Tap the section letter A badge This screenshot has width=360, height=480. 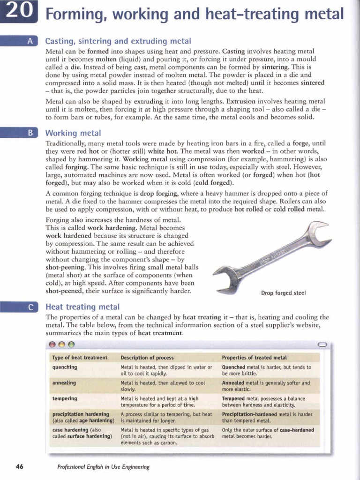tap(30, 41)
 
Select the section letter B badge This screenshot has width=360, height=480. tap(30, 133)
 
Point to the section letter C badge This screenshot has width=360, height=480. tap(30, 307)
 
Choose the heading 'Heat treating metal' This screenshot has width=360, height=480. tap(82, 307)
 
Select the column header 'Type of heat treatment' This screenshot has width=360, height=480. tap(80, 357)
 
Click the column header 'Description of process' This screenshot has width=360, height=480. tap(147, 357)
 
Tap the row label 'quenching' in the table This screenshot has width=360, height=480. tap(65, 367)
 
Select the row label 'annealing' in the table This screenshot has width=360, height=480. tap(64, 382)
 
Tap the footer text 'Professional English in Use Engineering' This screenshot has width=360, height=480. tap(103, 467)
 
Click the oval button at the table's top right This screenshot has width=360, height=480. tap(322, 345)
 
